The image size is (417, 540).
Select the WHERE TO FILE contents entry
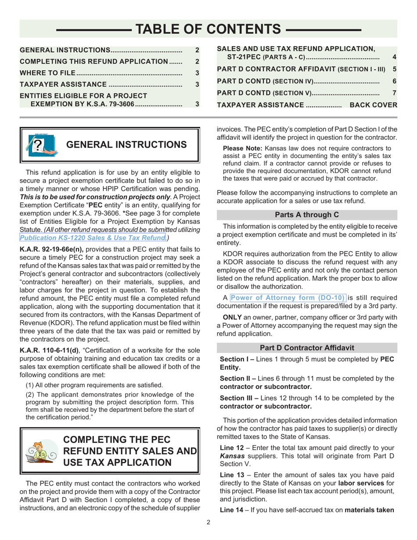(x=49, y=72)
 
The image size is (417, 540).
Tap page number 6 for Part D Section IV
(x=394, y=82)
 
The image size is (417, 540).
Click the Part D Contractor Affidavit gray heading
(x=307, y=348)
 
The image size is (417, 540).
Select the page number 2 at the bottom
(x=208, y=522)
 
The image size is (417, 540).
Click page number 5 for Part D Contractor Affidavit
(x=394, y=69)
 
